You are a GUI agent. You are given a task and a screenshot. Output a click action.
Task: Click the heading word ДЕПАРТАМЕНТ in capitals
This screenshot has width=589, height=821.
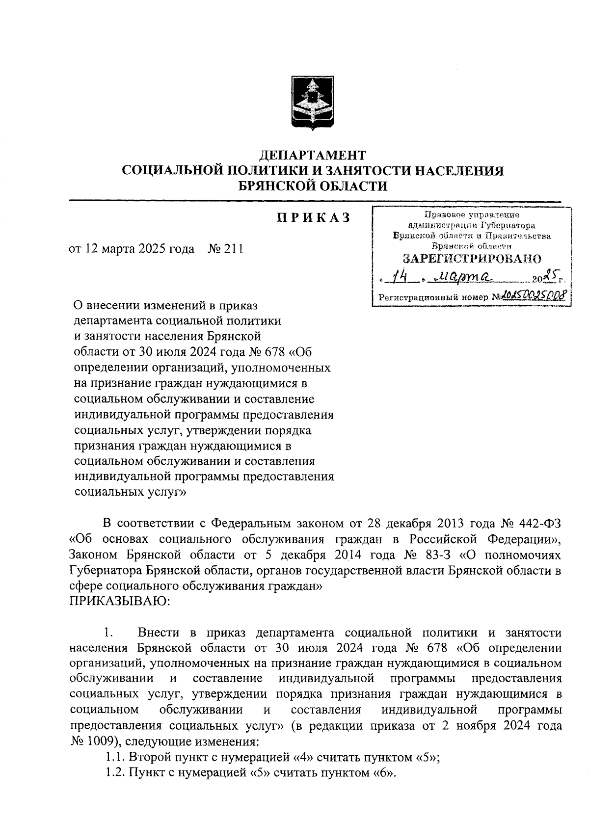coord(312,156)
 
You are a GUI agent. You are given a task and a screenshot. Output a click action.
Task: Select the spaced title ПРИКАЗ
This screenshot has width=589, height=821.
coord(313,217)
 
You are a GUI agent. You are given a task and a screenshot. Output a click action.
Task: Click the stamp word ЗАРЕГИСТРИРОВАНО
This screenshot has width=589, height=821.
coord(472,258)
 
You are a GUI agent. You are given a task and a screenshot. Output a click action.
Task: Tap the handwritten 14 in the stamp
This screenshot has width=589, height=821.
coord(399,279)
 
